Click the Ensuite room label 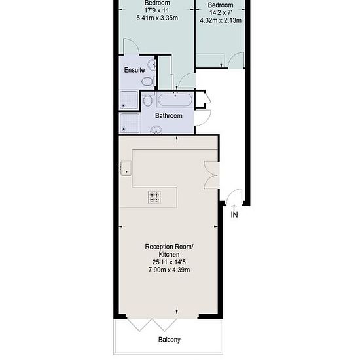click(134, 70)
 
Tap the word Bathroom click(169, 115)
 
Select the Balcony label click(170, 340)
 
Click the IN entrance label click(234, 215)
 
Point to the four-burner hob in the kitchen click(154, 198)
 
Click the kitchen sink click(126, 168)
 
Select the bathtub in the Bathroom click(175, 100)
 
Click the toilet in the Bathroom click(147, 101)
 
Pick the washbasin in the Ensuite click(152, 65)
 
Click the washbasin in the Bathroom click(156, 130)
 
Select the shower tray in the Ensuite click(129, 100)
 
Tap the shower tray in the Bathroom click(130, 123)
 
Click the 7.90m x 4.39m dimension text click(169, 270)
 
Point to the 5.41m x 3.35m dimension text click(157, 18)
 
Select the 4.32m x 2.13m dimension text click(221, 20)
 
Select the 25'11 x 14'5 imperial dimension click(169, 262)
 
